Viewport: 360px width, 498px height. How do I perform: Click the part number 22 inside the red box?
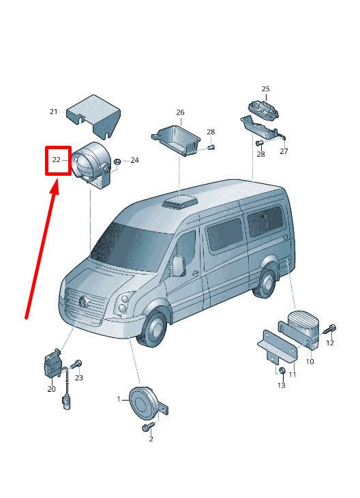(x=56, y=159)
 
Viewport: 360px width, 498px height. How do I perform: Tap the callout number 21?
(x=54, y=112)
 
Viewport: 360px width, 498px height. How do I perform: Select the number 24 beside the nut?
(x=135, y=160)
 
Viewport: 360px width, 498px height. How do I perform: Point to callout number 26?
(x=180, y=112)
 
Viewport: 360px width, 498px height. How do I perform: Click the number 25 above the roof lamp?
(x=265, y=89)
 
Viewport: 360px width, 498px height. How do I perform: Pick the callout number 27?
(x=284, y=151)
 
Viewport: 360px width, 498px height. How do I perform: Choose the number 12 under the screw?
(x=330, y=343)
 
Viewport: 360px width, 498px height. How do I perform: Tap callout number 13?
(x=282, y=385)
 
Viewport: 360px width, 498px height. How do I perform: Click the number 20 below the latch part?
(x=51, y=389)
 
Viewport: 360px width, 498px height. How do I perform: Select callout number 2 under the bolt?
(x=151, y=439)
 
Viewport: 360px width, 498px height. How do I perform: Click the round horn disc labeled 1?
(x=144, y=403)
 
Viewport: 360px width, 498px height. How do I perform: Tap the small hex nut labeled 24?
(x=117, y=161)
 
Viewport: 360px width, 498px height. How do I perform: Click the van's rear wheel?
(x=265, y=282)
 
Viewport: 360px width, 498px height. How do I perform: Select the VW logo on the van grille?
(x=84, y=301)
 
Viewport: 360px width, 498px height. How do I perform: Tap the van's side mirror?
(x=179, y=265)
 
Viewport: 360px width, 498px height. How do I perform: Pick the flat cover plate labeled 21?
(x=93, y=116)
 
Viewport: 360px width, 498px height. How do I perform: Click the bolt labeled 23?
(x=76, y=364)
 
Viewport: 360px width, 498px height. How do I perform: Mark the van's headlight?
(x=124, y=303)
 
